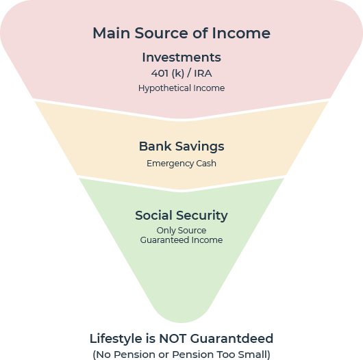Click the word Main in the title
click(x=111, y=33)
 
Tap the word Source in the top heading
click(x=162, y=33)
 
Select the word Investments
click(x=181, y=57)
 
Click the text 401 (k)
click(x=168, y=73)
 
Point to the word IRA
click(x=203, y=73)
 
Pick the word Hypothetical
click(x=164, y=88)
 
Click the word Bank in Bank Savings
click(x=155, y=146)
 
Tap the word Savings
click(x=199, y=146)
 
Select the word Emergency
click(x=170, y=164)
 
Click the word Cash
click(x=206, y=164)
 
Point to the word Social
click(x=153, y=216)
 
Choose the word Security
click(x=202, y=216)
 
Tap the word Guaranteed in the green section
click(x=164, y=240)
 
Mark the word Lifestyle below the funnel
click(x=116, y=339)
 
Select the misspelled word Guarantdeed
click(x=231, y=339)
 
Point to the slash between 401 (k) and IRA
click(x=189, y=73)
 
